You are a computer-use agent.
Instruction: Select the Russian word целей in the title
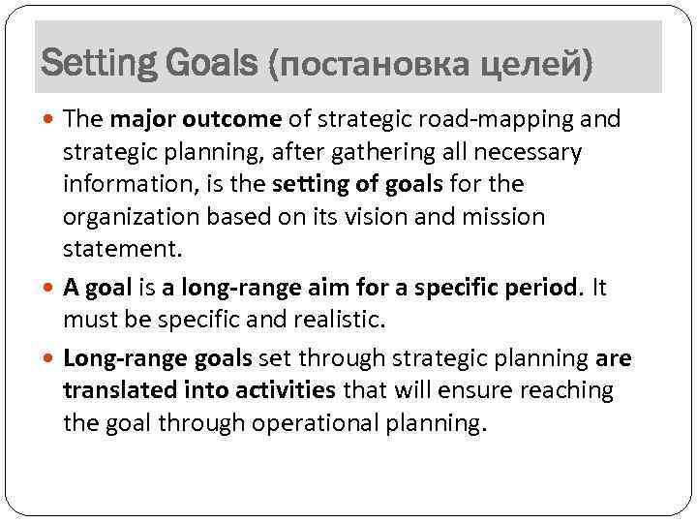point(530,65)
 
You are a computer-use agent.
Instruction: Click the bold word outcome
point(240,119)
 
